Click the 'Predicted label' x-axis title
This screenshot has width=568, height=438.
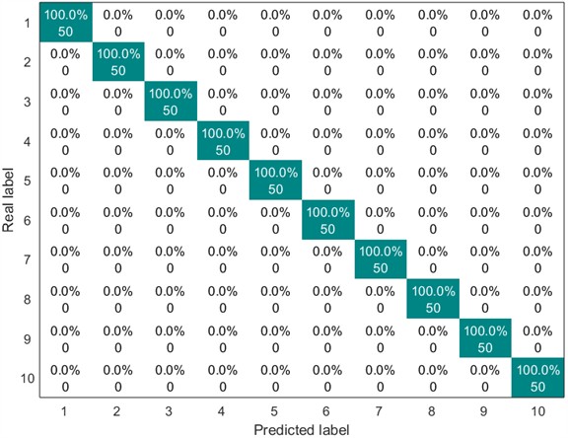[302, 429]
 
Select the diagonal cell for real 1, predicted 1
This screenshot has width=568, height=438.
[65, 24]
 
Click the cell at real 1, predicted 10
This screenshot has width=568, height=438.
[537, 24]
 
